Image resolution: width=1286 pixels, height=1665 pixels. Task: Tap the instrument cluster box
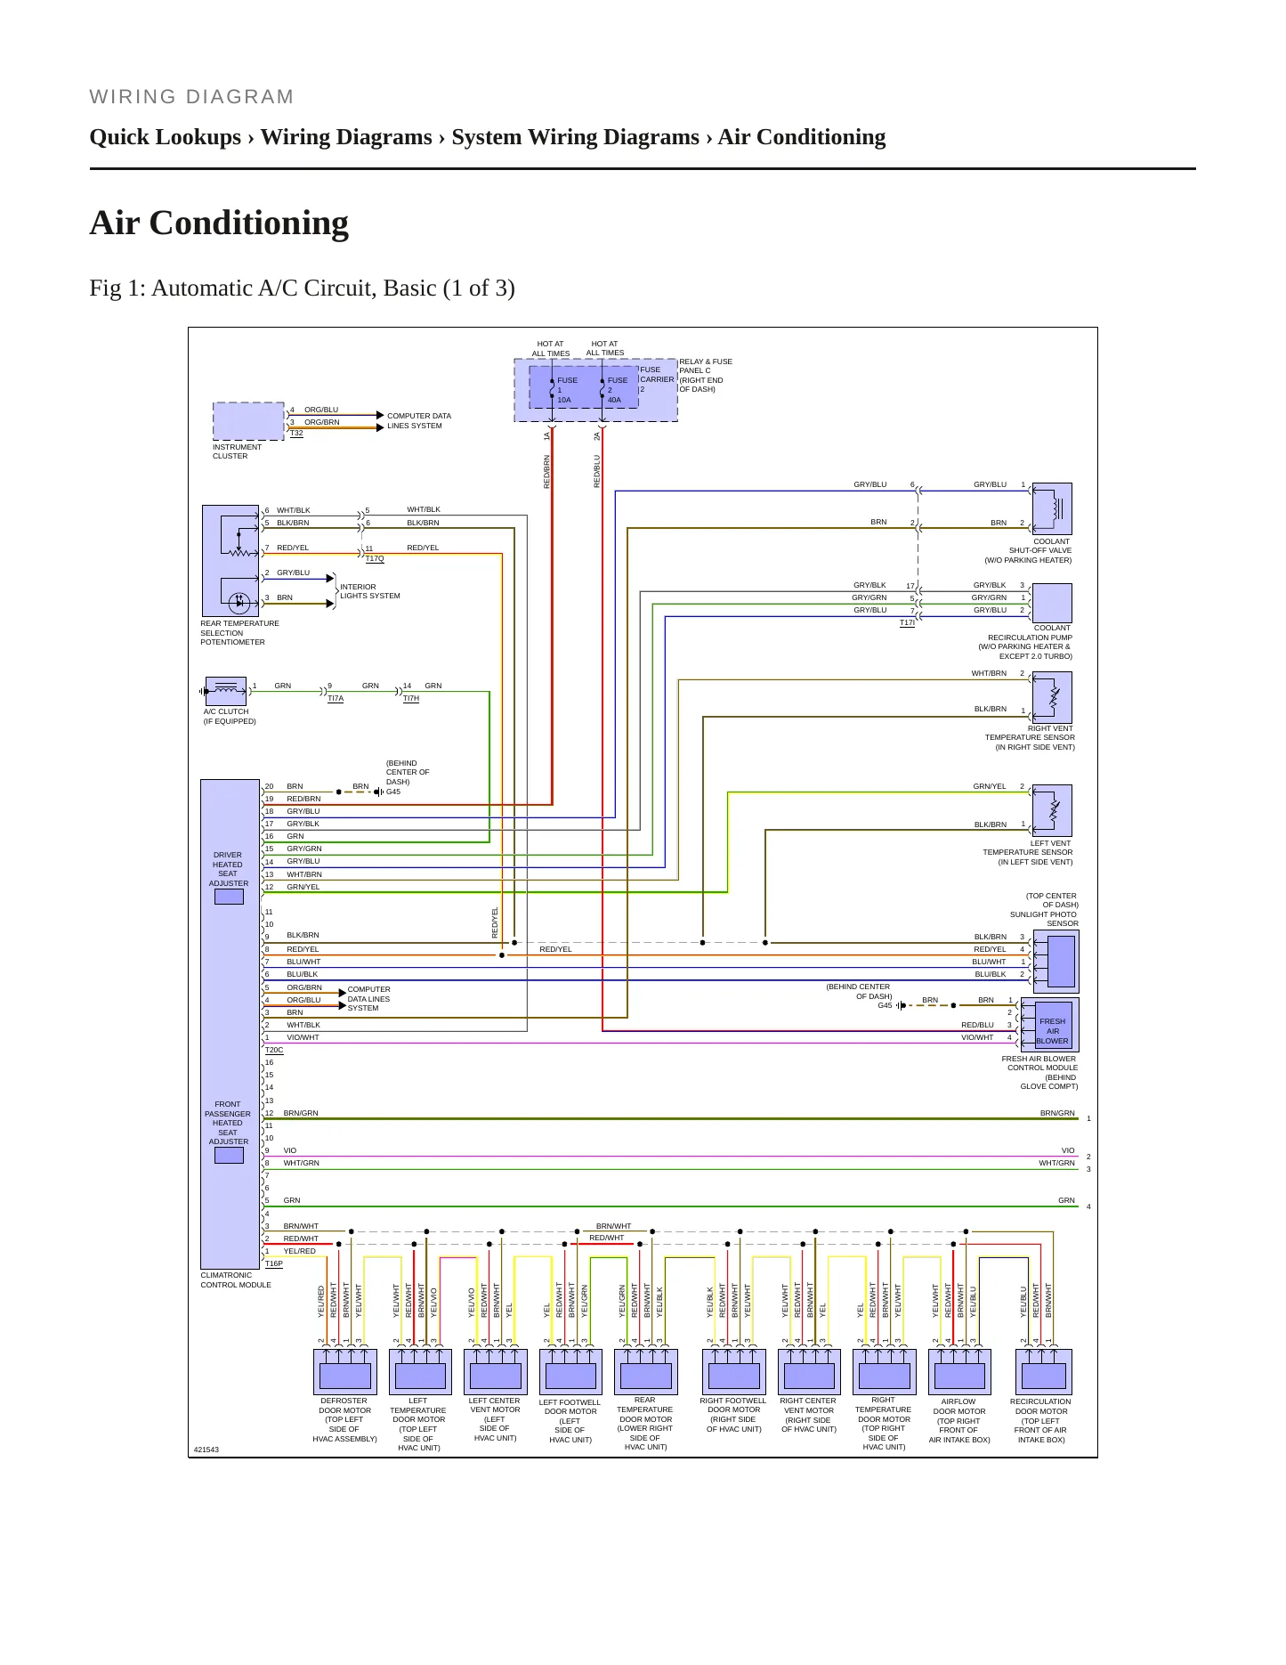point(249,421)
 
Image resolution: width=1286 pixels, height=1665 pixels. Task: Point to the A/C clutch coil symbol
point(226,690)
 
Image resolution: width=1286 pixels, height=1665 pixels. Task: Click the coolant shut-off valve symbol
point(1052,508)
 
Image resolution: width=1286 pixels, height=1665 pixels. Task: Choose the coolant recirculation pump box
point(1052,604)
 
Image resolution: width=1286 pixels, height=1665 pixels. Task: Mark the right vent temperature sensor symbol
point(1052,697)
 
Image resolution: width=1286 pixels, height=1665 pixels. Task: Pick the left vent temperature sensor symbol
point(1052,810)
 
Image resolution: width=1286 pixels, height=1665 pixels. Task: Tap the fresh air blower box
point(1052,1026)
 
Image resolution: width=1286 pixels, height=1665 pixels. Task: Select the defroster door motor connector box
point(345,1372)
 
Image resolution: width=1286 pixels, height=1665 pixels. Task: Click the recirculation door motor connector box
point(1043,1372)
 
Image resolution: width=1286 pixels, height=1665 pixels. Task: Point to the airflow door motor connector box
point(959,1372)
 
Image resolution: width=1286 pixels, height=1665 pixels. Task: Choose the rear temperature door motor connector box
point(646,1372)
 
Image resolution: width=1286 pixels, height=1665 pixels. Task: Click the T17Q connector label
point(375,559)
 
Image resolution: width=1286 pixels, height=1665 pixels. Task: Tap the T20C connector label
point(274,1051)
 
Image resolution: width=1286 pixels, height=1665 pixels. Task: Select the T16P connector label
point(274,1263)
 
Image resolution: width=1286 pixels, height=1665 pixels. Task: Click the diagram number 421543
point(206,1450)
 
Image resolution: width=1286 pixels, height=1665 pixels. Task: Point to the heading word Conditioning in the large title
point(249,223)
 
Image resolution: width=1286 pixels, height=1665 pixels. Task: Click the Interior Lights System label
point(370,591)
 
